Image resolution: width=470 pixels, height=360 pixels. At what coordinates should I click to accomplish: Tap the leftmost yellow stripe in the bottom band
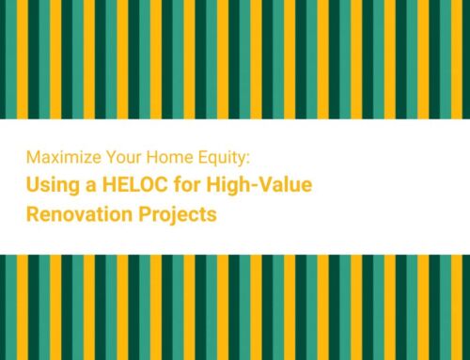(4, 306)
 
